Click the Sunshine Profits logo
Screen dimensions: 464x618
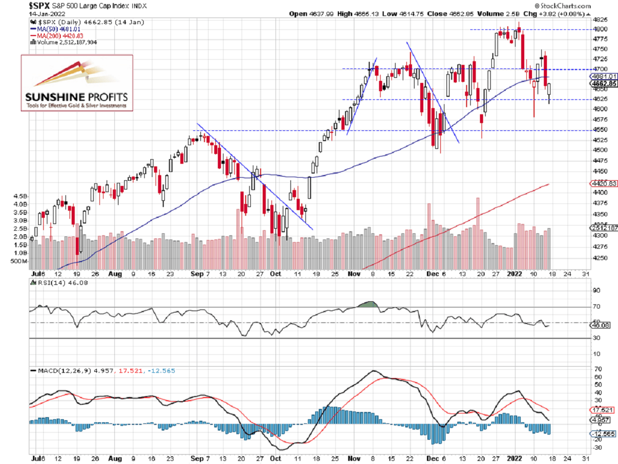click(x=76, y=82)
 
